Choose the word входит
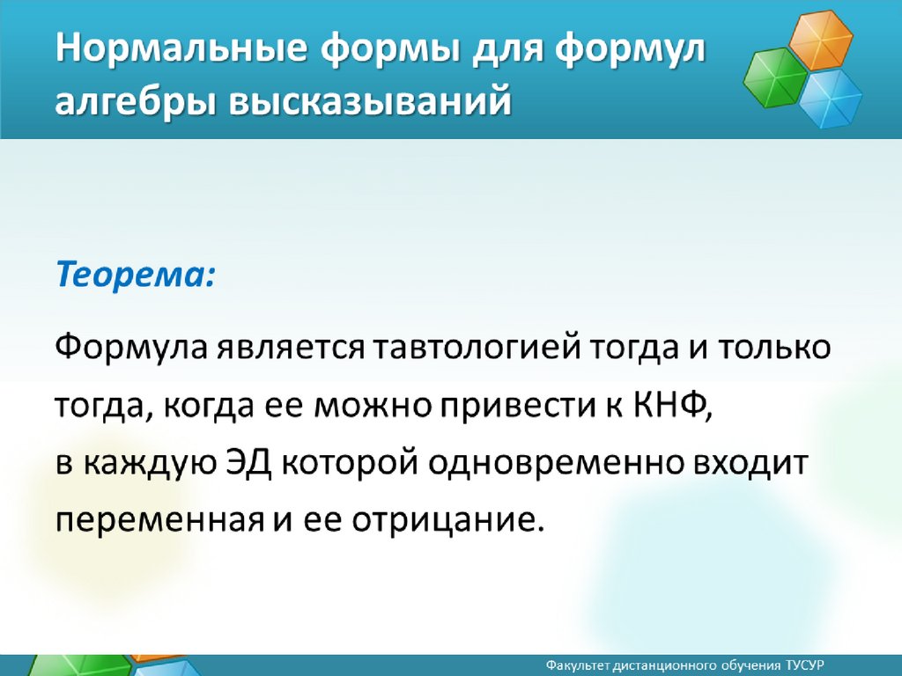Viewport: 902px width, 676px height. click(x=750, y=463)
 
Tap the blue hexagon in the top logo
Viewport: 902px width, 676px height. click(x=830, y=99)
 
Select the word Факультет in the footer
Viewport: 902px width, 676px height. click(x=578, y=665)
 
